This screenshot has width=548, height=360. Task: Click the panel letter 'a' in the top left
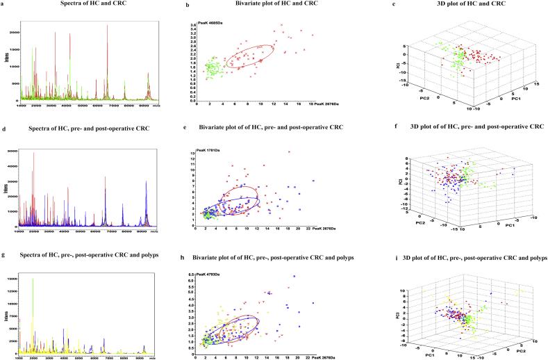(3, 3)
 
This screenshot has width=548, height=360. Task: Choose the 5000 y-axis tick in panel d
(15, 149)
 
